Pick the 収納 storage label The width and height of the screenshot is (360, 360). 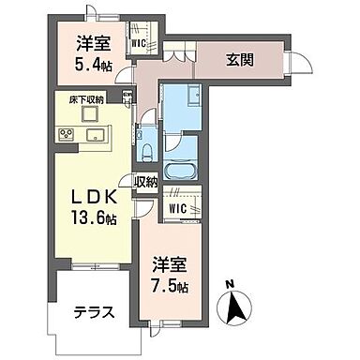point(145,182)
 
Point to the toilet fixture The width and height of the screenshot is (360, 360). point(149,150)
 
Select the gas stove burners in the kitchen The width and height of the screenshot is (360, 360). point(67,134)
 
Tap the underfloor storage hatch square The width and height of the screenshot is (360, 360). point(90,113)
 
